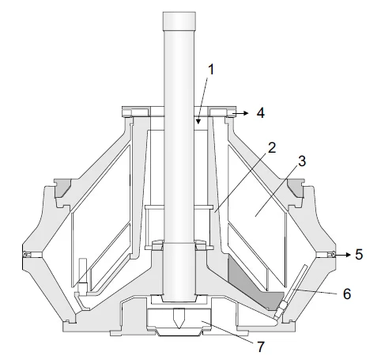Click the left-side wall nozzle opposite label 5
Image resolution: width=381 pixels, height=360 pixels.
click(x=27, y=254)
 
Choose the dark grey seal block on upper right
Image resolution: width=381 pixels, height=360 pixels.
click(x=296, y=188)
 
